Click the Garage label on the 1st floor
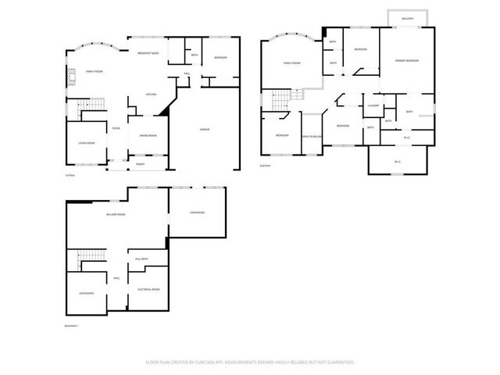[205, 129]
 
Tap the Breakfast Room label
[148, 53]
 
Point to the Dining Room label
[148, 136]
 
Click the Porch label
[141, 164]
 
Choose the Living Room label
[86, 143]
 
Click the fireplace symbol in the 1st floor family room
[69, 76]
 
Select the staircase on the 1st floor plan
[93, 106]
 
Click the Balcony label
[408, 18]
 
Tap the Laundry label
[373, 105]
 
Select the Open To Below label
[312, 136]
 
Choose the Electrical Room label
[148, 289]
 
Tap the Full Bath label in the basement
[141, 259]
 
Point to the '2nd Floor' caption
[266, 166]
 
